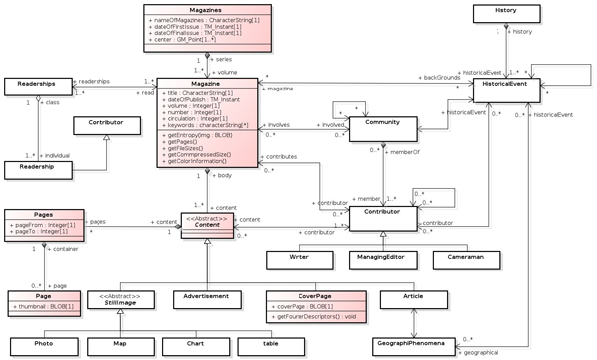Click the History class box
coord(514,13)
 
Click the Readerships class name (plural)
coord(34,85)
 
